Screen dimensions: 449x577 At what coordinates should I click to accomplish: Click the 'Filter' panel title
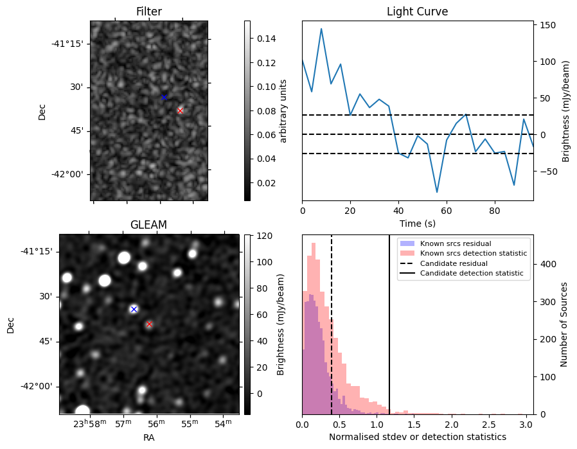(x=148, y=12)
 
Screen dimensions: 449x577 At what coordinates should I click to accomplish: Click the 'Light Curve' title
(x=417, y=12)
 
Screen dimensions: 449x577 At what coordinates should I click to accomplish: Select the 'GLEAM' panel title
(x=148, y=225)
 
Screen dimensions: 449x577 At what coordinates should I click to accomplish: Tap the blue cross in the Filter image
(x=164, y=97)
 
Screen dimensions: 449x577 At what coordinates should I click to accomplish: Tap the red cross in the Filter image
(x=180, y=110)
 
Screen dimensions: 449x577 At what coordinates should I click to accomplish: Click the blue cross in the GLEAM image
(x=134, y=309)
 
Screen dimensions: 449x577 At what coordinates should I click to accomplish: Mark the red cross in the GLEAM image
(x=149, y=324)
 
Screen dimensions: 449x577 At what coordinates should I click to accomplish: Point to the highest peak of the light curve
(x=321, y=29)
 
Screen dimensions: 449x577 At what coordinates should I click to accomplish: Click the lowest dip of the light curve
(x=437, y=192)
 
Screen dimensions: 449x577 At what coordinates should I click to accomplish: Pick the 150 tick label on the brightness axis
(x=547, y=25)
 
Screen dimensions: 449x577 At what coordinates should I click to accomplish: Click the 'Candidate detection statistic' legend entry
(x=471, y=274)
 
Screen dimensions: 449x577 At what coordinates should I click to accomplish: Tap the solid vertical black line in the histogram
(x=389, y=334)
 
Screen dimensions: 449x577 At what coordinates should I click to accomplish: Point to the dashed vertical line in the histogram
(x=332, y=334)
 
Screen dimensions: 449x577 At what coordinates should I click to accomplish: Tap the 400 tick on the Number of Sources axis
(x=547, y=264)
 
